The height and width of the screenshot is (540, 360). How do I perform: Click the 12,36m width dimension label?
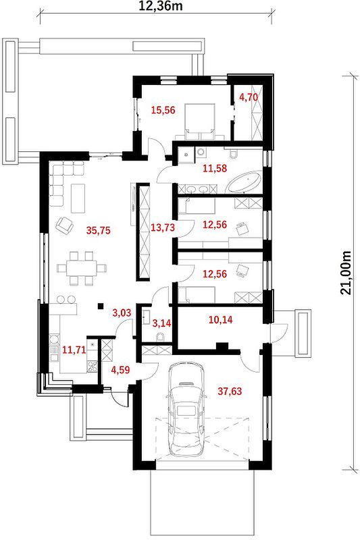tap(161, 6)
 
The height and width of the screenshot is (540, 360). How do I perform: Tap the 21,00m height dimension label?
tap(346, 273)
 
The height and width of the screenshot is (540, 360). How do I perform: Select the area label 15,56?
tap(163, 110)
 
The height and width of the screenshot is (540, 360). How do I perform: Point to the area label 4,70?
tap(249, 97)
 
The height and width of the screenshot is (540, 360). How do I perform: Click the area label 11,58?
tap(215, 168)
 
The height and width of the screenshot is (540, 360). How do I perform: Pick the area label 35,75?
tap(99, 230)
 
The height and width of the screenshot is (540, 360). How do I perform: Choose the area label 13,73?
tap(163, 227)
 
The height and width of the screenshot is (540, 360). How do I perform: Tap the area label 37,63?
tap(230, 391)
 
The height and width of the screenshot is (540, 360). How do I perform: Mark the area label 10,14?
tap(220, 319)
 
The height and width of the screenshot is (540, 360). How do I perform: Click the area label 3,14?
tap(162, 323)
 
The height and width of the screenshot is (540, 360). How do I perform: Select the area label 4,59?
tap(121, 370)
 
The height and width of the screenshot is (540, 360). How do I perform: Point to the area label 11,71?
tap(74, 350)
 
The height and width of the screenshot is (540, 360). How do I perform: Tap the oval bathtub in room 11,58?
tap(244, 182)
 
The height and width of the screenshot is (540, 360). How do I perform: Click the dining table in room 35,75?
tap(82, 268)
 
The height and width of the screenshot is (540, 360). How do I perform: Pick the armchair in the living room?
tap(64, 225)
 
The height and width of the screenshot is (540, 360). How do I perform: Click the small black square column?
tap(101, 306)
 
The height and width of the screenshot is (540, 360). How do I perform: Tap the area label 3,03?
tap(122, 313)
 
